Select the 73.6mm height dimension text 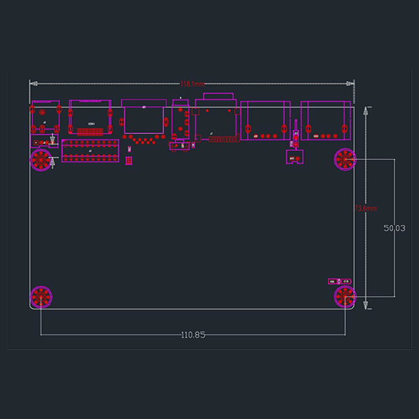[365, 208]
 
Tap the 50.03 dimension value [395, 228]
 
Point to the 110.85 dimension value [193, 335]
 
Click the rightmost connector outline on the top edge [326, 122]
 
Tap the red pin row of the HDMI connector [91, 131]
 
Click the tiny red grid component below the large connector [128, 161]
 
